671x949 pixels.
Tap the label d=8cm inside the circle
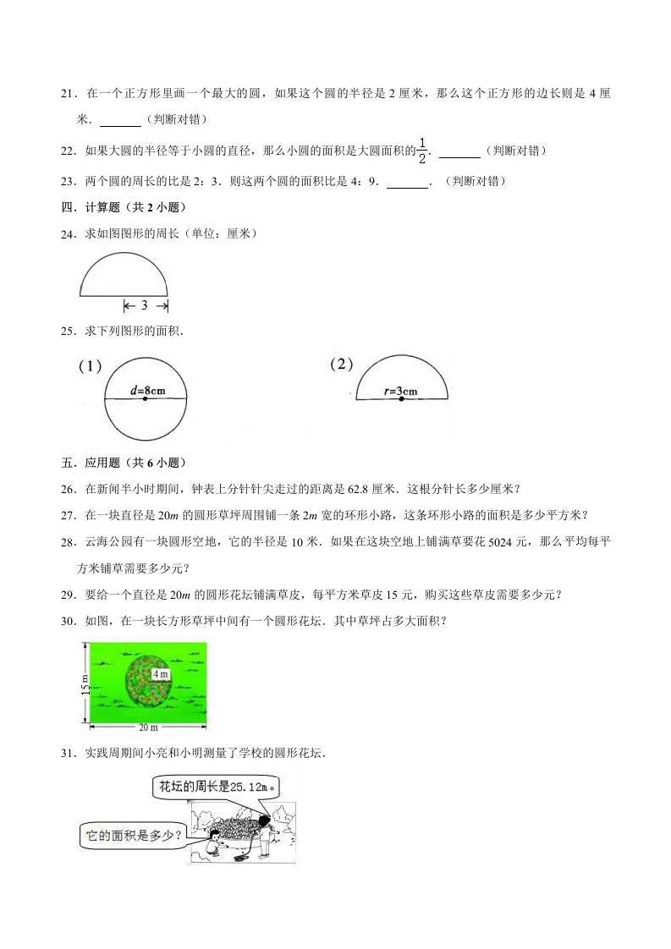[x=146, y=391]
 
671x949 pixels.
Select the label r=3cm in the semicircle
[x=401, y=391]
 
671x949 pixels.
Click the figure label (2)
[x=341, y=365]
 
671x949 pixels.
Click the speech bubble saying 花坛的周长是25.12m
[x=217, y=787]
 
